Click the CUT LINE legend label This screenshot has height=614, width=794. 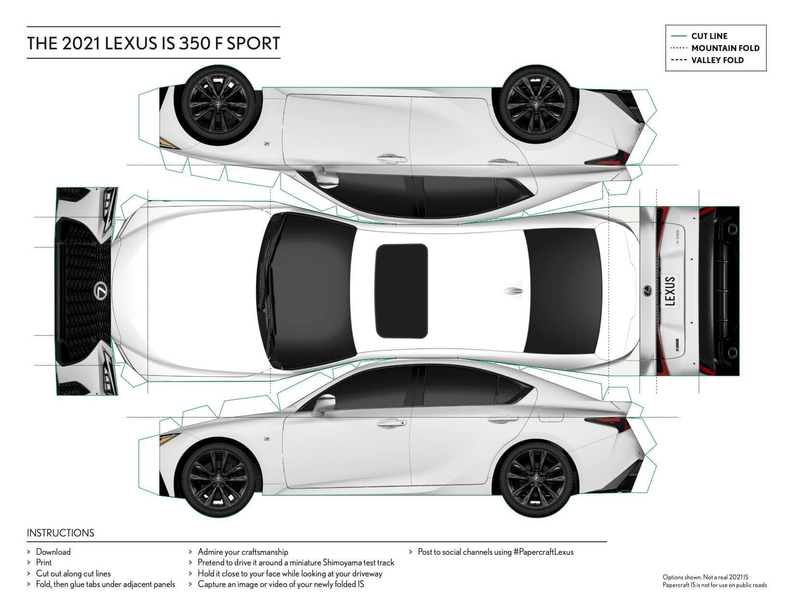[x=709, y=36]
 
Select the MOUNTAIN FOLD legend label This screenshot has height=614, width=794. [x=725, y=48]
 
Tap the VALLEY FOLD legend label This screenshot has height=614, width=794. [x=717, y=60]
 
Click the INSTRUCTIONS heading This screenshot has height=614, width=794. [x=60, y=533]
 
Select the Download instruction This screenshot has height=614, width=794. [x=53, y=552]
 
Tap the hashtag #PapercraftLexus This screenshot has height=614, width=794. [x=543, y=552]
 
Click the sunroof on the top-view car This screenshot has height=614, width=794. [x=401, y=291]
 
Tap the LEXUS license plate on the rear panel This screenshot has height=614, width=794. [x=670, y=291]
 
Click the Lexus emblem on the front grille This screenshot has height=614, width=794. [x=101, y=291]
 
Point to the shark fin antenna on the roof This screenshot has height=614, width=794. [x=513, y=291]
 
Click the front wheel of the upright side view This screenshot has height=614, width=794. [x=218, y=480]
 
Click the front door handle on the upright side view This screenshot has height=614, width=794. [x=391, y=423]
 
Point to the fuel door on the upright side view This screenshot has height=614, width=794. [x=551, y=415]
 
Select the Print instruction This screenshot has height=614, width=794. [x=43, y=562]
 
